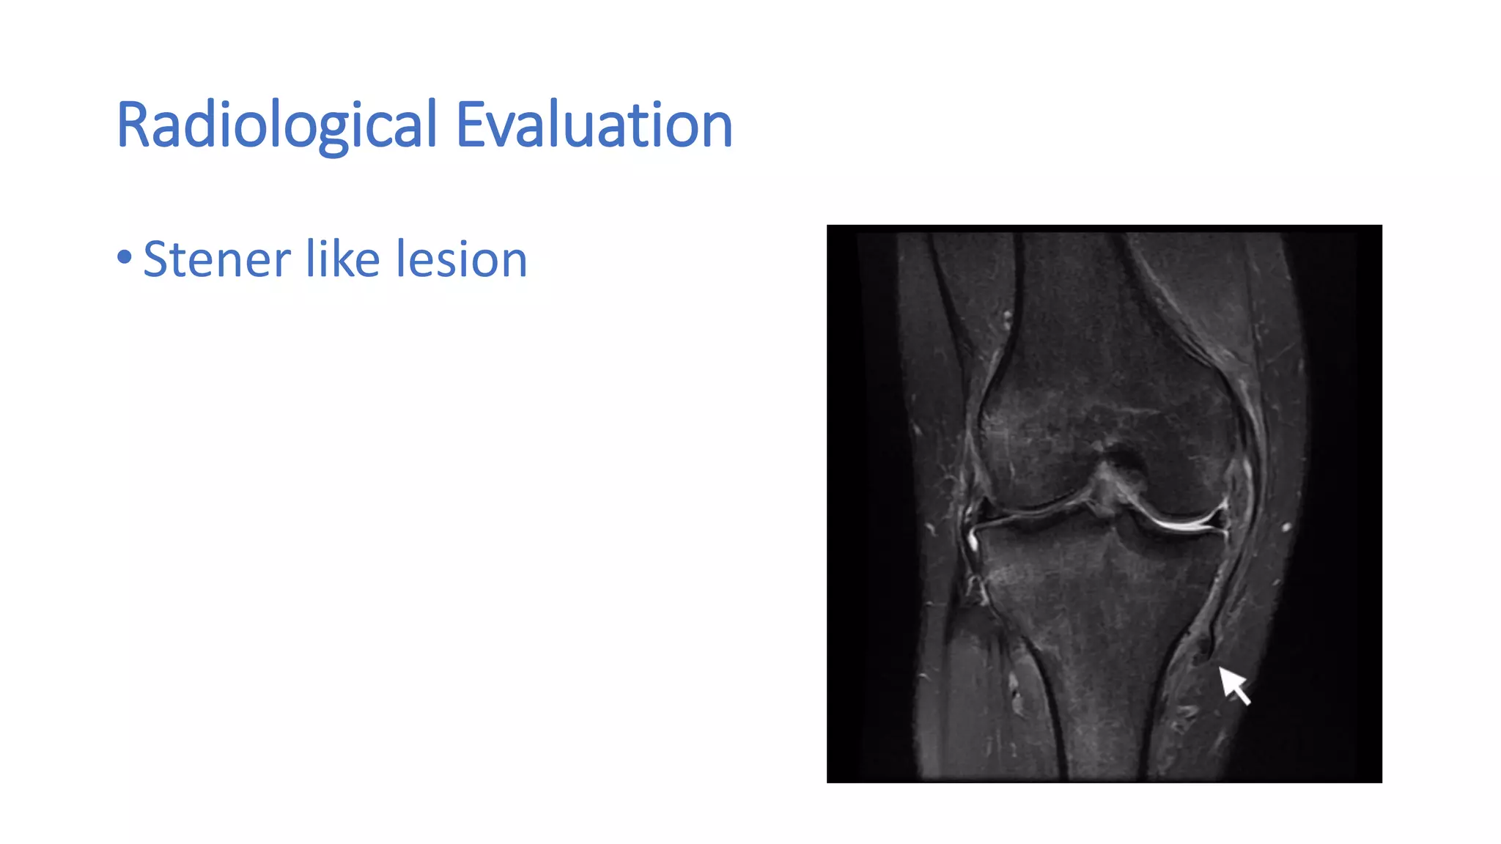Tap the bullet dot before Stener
click(125, 257)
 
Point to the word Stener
click(217, 259)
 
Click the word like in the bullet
click(342, 259)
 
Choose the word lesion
click(461, 259)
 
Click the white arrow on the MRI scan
click(1235, 686)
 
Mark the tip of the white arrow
click(1220, 668)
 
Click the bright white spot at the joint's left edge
click(974, 541)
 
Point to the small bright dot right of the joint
click(1286, 526)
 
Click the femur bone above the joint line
click(1099, 366)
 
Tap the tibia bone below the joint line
click(1099, 623)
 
